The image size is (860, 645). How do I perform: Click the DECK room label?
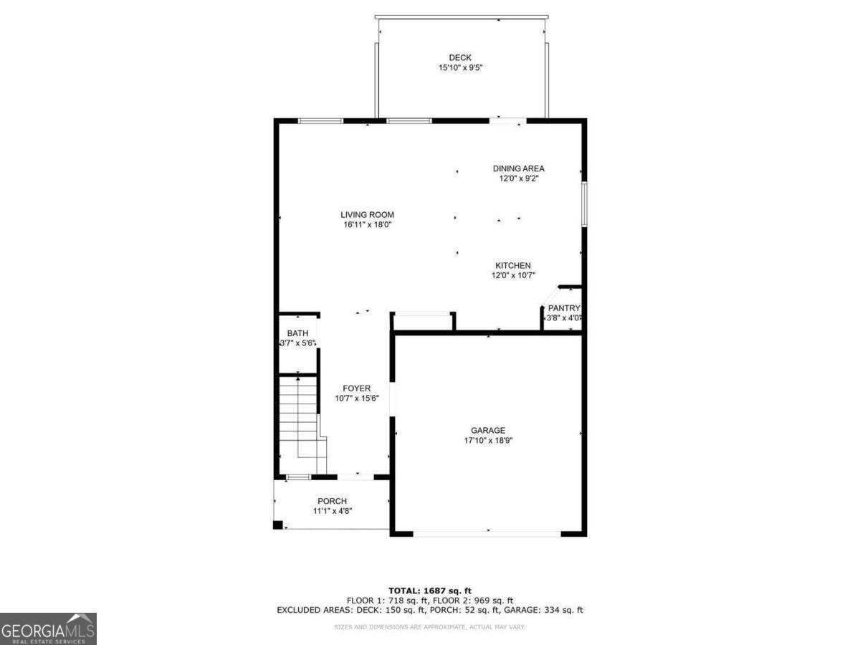[460, 58]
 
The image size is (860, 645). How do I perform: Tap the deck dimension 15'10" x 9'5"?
[460, 68]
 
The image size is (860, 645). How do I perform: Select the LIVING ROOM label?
[367, 214]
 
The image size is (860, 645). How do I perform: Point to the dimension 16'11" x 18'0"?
[367, 224]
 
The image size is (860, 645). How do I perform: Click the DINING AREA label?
[518, 168]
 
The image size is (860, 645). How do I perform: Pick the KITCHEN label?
[512, 265]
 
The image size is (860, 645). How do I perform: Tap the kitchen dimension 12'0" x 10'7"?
[512, 275]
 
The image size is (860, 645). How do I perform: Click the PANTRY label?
[563, 308]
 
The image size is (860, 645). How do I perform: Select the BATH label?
[297, 333]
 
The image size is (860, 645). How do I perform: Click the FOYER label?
[356, 388]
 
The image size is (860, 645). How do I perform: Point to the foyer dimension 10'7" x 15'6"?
[356, 398]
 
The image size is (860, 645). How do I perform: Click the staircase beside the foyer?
[299, 423]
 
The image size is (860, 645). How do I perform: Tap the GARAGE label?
[488, 430]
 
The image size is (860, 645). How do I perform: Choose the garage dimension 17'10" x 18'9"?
[488, 441]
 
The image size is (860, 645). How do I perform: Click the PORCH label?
[333, 501]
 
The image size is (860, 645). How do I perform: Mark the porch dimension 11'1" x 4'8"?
[333, 511]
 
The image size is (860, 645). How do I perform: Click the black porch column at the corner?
[277, 525]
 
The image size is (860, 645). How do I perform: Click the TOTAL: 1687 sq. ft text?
[430, 591]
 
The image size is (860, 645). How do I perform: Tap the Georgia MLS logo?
[48, 629]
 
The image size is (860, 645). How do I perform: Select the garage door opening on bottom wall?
[487, 533]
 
